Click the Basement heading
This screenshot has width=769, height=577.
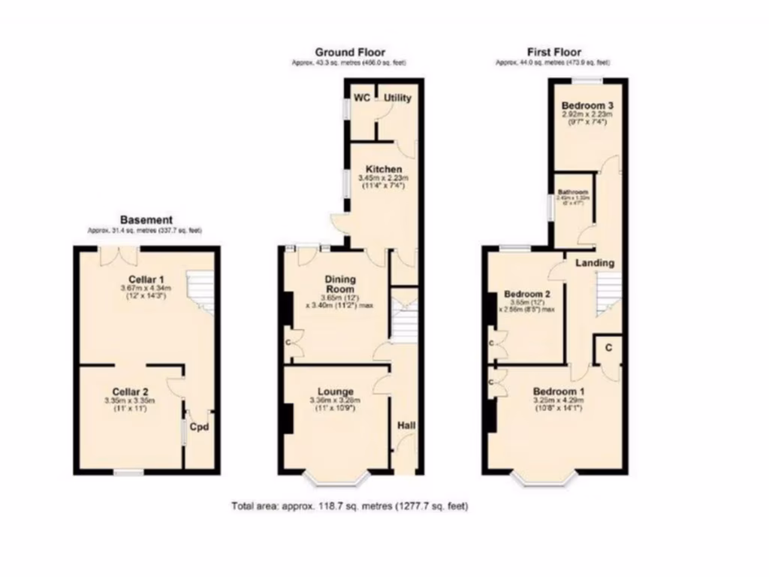click(146, 219)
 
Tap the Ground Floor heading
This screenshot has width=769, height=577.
click(349, 52)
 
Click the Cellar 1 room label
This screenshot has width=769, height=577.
click(146, 279)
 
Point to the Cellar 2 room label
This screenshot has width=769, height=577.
click(130, 391)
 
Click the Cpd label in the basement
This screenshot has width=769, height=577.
click(198, 427)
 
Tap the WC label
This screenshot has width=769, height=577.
click(362, 98)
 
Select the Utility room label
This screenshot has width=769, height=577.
click(399, 98)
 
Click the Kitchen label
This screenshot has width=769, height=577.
click(384, 169)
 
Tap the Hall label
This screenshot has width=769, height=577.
click(406, 426)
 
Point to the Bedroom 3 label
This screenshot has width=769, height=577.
click(588, 106)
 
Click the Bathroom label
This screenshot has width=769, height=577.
click(573, 192)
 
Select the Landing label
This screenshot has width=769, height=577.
click(595, 263)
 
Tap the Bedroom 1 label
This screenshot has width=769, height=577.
click(559, 391)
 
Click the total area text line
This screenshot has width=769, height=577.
click(349, 506)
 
